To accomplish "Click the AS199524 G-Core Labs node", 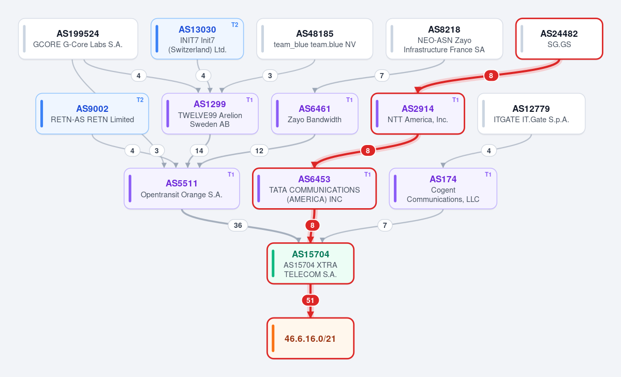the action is (78, 39).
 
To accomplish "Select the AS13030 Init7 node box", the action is (197, 39).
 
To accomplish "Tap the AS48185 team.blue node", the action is (315, 39).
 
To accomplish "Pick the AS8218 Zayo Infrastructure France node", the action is (444, 39).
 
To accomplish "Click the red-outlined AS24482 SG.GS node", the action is (559, 39).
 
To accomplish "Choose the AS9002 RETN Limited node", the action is (92, 114).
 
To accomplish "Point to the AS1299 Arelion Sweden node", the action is (210, 114).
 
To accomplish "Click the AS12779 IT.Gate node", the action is (531, 114).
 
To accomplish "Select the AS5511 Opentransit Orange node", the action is (182, 189).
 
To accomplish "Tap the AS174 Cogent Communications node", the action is (443, 189).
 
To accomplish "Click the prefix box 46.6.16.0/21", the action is (310, 339).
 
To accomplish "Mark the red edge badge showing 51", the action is (310, 300).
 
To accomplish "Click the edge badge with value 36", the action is (238, 225).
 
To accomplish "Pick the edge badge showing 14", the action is (199, 151).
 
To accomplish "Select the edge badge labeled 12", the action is (259, 151).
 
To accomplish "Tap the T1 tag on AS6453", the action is (367, 175).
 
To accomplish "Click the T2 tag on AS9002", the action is (140, 100).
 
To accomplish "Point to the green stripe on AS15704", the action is (273, 264).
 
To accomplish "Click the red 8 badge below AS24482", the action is (491, 76).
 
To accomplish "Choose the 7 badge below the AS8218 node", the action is (382, 76).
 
